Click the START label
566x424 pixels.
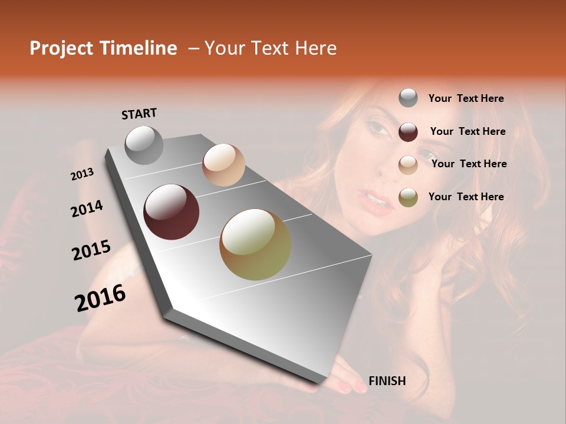pos(139,114)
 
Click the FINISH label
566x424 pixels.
pos(387,381)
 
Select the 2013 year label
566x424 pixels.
pos(82,174)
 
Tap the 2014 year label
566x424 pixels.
pos(87,208)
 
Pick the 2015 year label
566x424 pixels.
pos(91,250)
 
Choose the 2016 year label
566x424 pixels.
pos(100,298)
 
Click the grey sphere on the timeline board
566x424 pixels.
pos(144,145)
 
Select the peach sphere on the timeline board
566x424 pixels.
pos(223,165)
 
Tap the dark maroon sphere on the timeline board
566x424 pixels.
pos(171,212)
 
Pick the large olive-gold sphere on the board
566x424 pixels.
pos(255,244)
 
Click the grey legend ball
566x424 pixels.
pos(408,98)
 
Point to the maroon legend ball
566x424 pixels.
pos(408,132)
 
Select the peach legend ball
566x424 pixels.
pos(408,165)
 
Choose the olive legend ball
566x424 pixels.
pos(408,197)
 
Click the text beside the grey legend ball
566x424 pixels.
pos(466,98)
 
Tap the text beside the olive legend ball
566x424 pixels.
pos(466,197)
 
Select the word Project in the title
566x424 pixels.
pos(61,48)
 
